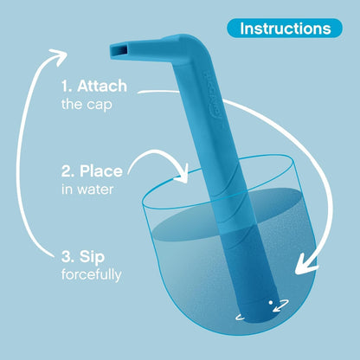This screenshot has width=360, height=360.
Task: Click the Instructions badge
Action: click(285, 29)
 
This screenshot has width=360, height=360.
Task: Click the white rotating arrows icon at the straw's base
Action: click(278, 305)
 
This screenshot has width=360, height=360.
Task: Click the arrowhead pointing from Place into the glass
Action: click(184, 175)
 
